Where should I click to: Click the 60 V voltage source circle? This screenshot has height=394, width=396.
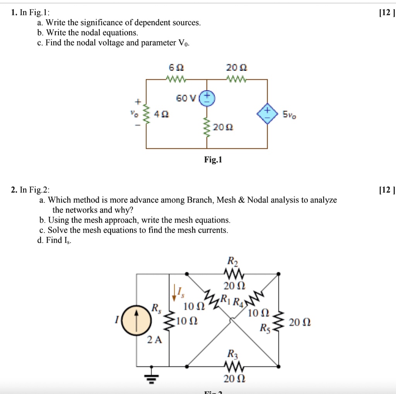point(207,97)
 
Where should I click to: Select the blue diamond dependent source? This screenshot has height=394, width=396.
point(267,114)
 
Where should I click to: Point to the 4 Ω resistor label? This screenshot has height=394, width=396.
point(159,114)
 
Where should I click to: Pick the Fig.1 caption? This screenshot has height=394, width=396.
point(213,160)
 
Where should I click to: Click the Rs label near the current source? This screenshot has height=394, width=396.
point(155,308)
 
